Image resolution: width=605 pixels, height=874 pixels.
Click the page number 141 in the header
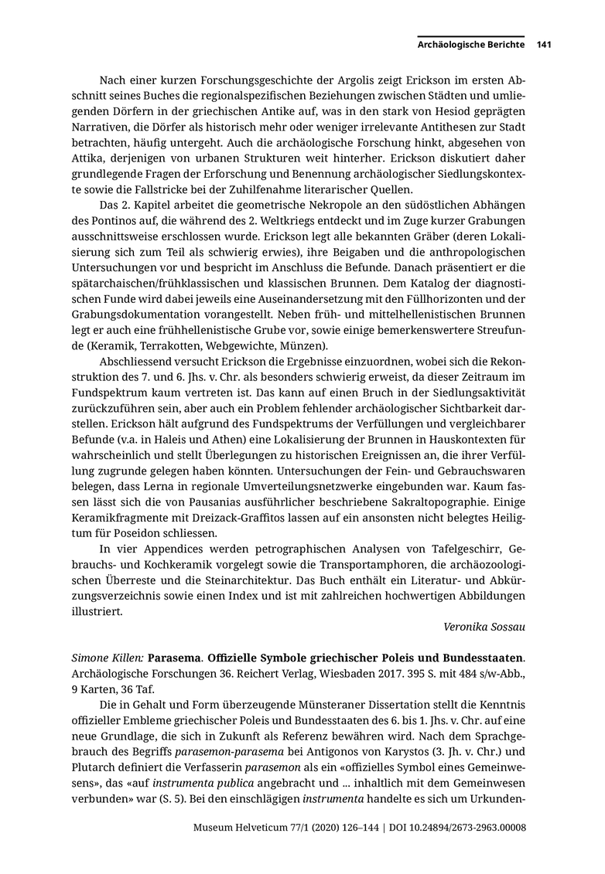(x=543, y=45)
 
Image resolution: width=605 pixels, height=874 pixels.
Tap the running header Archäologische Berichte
(x=471, y=45)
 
